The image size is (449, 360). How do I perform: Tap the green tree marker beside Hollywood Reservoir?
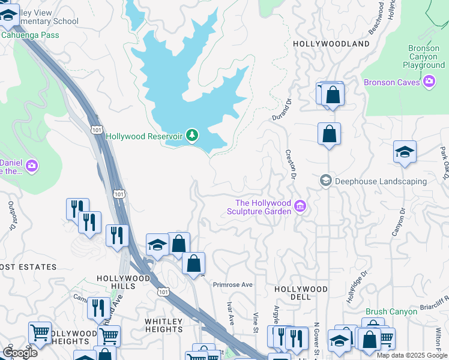click(x=192, y=136)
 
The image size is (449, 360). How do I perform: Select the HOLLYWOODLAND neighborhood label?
click(x=331, y=44)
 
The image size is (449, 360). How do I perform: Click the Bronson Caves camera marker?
click(x=429, y=82)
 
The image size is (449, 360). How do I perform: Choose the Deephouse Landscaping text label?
click(x=381, y=181)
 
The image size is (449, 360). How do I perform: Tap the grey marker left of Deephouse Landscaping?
click(x=326, y=181)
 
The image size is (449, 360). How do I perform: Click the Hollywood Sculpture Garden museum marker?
click(x=301, y=208)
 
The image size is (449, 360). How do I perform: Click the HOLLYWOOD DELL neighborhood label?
click(x=301, y=293)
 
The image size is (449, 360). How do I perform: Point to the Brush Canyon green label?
click(x=391, y=312)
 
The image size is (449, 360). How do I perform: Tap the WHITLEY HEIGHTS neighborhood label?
click(x=163, y=326)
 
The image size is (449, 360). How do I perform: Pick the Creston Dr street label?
click(x=291, y=164)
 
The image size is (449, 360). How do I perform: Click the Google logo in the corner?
click(x=20, y=353)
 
